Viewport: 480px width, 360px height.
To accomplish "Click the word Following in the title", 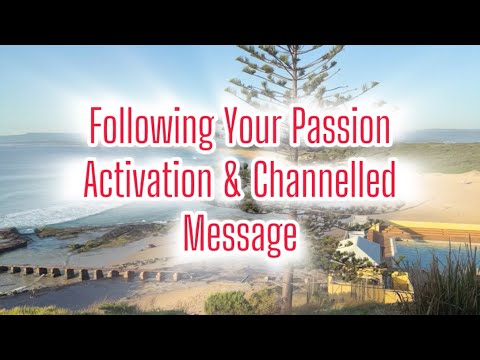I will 148,128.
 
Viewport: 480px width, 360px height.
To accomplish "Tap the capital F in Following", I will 96,128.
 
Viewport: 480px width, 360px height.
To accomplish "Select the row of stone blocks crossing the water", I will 90,272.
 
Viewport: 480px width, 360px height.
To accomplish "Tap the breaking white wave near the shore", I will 40,214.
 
